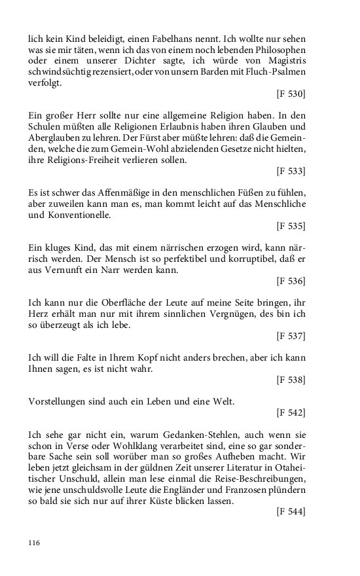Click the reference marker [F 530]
tap(291, 94)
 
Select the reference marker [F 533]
tap(291, 171)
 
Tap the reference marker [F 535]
tap(291, 226)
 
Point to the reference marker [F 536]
tap(291, 281)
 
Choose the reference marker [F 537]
tap(291, 336)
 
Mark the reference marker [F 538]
tap(291, 380)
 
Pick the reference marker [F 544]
tap(291, 511)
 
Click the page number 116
tap(35, 543)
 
